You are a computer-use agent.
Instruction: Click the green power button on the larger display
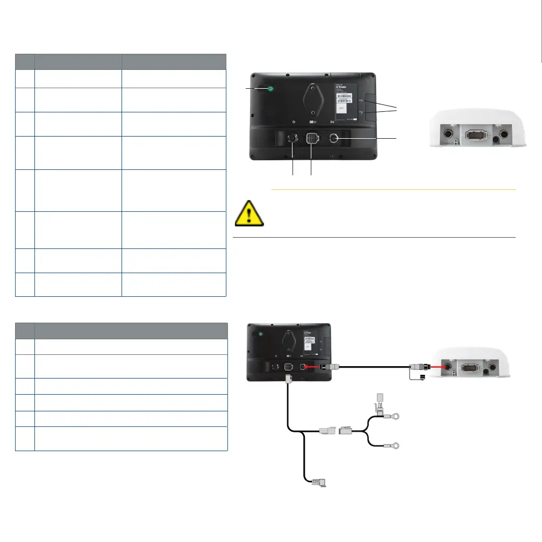(x=270, y=89)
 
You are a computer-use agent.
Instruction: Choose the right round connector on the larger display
(x=333, y=138)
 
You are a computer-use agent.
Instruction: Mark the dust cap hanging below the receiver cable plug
(x=422, y=379)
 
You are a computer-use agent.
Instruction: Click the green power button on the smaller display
(x=261, y=333)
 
